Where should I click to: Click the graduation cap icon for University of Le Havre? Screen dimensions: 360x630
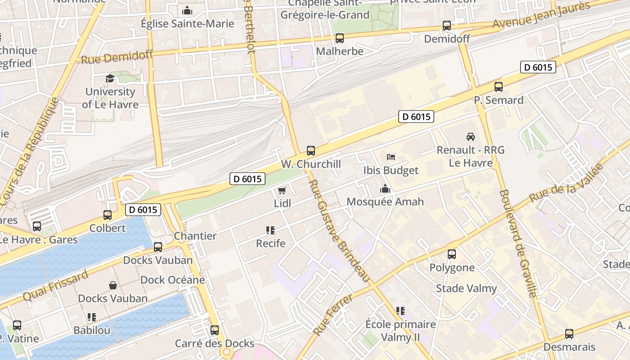110,79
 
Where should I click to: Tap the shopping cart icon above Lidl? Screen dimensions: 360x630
282,190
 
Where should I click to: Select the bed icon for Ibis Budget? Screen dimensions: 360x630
391,157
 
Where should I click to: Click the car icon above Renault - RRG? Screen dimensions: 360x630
470,136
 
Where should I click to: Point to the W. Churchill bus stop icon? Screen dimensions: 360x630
310,151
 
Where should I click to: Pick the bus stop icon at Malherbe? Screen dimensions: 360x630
340,38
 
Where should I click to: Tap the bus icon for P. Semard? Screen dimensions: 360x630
498,87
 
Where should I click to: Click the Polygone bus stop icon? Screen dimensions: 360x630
452,254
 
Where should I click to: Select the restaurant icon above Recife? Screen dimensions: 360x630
270,230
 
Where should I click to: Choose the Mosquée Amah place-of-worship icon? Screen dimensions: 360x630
385,189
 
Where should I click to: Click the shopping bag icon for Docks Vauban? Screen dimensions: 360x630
113,285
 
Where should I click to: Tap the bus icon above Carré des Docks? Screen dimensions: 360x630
215,330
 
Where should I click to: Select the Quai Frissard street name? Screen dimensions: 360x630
55,286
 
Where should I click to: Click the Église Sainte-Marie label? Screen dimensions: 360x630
188,23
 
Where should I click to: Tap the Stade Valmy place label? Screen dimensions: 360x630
466,288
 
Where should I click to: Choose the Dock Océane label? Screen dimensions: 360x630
173,280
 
